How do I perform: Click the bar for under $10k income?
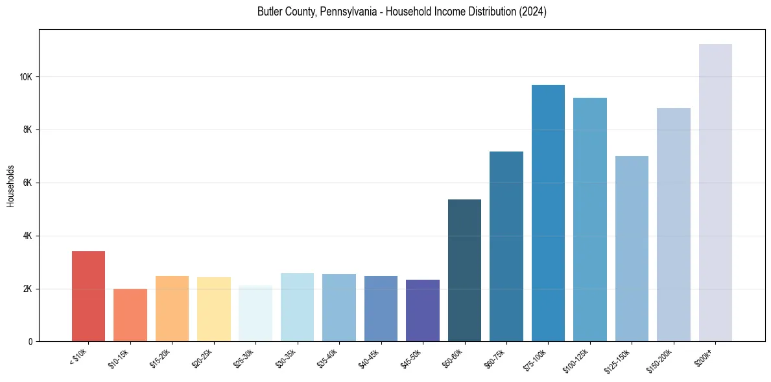click(88, 296)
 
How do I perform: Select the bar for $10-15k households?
click(130, 315)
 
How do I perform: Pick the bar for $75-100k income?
click(548, 213)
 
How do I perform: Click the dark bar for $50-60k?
click(464, 270)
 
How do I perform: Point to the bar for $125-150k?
click(632, 249)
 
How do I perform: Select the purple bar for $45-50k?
click(423, 310)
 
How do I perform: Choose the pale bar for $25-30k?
click(255, 313)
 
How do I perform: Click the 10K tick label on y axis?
click(26, 77)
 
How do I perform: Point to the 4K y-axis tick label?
click(28, 236)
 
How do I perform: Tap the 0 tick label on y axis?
click(30, 342)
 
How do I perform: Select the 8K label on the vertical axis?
click(28, 129)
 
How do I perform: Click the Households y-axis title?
click(11, 185)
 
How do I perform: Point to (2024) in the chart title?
click(533, 12)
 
